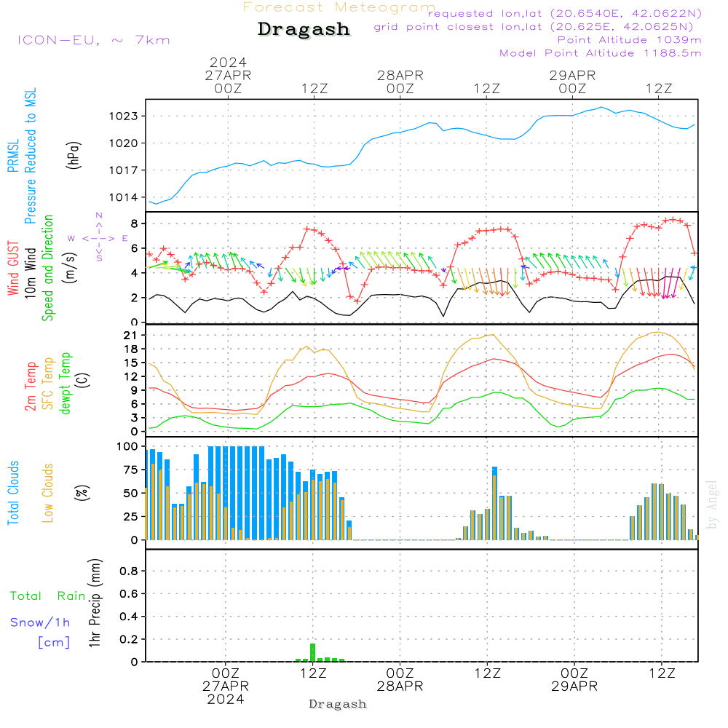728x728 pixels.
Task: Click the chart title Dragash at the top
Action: [304, 30]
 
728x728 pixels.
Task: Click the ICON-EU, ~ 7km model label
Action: [93, 40]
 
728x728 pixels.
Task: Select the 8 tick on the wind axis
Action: [134, 223]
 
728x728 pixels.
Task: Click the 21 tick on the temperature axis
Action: [130, 335]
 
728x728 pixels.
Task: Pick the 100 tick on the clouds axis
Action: [127, 446]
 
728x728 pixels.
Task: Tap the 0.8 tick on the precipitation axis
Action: [130, 571]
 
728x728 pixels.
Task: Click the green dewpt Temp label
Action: [66, 384]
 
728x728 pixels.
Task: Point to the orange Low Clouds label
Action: [48, 493]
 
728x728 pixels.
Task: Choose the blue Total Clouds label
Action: [14, 493]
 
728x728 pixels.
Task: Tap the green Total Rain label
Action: [48, 596]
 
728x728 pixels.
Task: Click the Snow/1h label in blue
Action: [41, 622]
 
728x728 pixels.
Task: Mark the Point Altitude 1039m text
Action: [629, 39]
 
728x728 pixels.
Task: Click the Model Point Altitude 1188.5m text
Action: [601, 53]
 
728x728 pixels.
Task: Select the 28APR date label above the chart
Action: [400, 75]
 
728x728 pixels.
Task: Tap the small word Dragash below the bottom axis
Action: [338, 704]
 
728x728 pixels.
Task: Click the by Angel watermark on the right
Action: [712, 505]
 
